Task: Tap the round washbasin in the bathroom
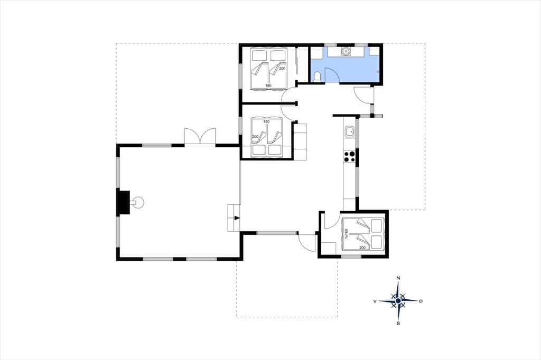[x=346, y=51]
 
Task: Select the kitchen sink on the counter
[x=350, y=131]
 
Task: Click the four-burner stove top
[x=349, y=157]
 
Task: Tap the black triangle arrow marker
[x=237, y=218]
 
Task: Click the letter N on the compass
[x=398, y=278]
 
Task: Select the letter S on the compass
[x=398, y=324]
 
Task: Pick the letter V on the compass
[x=375, y=301]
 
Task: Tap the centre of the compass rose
[x=398, y=301]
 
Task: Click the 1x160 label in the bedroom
[x=346, y=234]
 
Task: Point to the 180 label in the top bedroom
[x=268, y=86]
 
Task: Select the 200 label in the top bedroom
[x=283, y=69]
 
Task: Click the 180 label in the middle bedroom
[x=266, y=121]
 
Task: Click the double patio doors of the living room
[x=200, y=136]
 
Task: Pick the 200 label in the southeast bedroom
[x=362, y=248]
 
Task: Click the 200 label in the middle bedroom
[x=255, y=137]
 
